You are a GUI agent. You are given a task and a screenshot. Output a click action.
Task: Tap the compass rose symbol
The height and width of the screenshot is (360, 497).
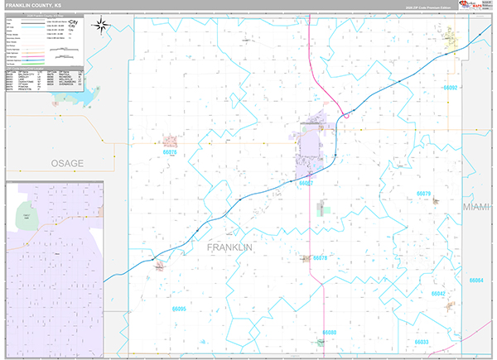click(102, 25)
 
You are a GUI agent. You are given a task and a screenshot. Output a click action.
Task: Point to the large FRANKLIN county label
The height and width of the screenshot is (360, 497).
click(229, 247)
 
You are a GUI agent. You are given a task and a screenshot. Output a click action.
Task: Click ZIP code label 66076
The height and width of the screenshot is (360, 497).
click(171, 152)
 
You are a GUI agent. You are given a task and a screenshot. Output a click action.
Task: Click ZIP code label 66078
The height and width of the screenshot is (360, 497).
click(321, 258)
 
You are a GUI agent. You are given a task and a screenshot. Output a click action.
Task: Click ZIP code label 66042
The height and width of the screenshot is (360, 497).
click(438, 294)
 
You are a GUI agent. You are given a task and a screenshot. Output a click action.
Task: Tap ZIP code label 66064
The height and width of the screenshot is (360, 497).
click(475, 281)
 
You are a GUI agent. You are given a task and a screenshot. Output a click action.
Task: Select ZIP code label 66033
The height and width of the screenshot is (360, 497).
click(422, 341)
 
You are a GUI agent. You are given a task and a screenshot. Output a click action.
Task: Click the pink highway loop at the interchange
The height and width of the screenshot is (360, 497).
click(345, 116)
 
